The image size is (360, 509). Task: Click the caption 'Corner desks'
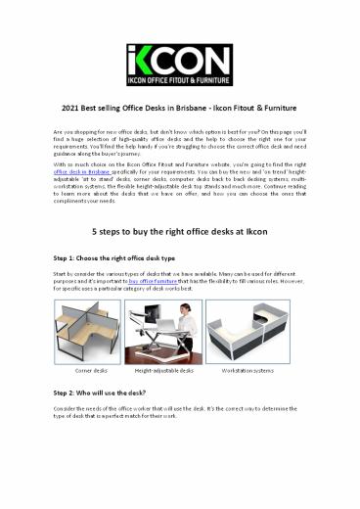click(83, 371)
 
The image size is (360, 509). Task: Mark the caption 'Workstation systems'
click(276, 371)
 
